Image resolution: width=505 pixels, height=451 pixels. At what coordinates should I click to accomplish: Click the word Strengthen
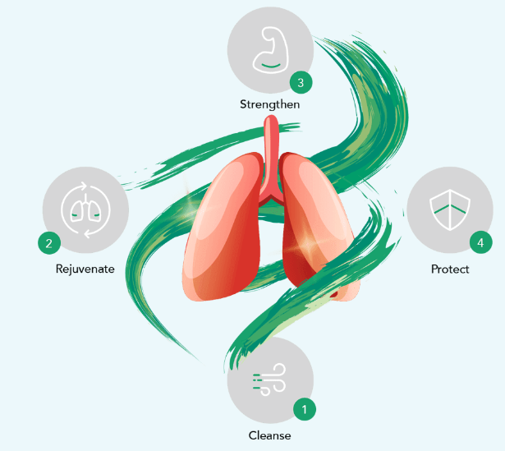(x=270, y=104)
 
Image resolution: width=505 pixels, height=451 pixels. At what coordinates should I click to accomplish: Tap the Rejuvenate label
(x=85, y=269)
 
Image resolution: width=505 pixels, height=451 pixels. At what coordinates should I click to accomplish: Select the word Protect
(x=450, y=269)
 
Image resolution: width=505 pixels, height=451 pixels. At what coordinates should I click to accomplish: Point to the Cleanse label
(x=269, y=435)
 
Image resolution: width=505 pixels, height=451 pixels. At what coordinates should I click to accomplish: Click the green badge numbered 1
(x=305, y=408)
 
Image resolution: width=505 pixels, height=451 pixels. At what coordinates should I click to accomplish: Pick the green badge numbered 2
(x=49, y=242)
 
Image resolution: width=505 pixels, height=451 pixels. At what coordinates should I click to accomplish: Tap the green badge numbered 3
(x=301, y=81)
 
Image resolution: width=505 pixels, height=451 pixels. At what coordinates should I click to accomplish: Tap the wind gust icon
(x=269, y=381)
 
